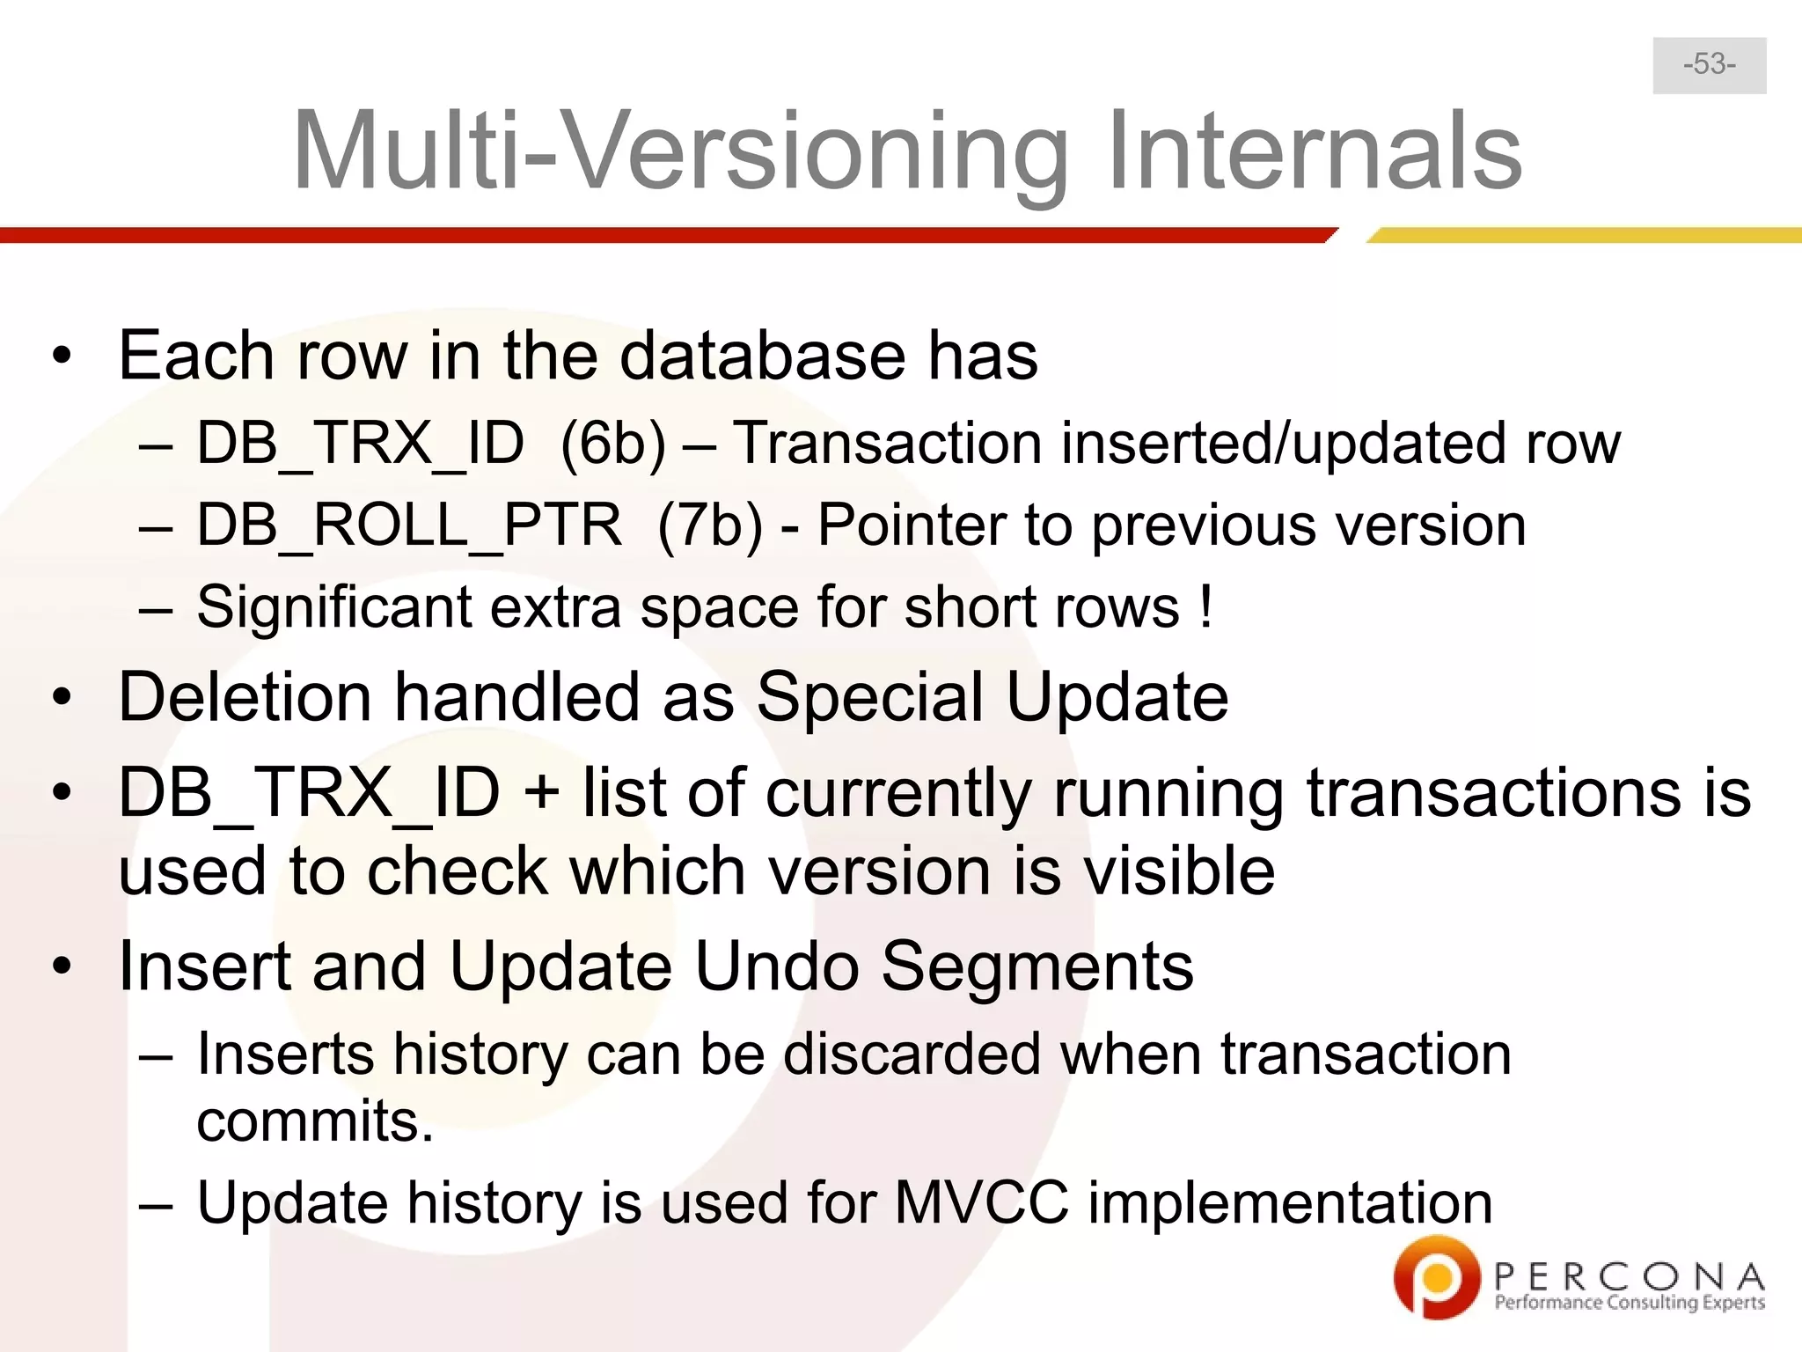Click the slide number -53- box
(1709, 65)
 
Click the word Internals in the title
(1315, 151)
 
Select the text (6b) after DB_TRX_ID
(613, 443)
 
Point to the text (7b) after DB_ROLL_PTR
(710, 525)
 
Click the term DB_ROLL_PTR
(409, 525)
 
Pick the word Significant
(334, 607)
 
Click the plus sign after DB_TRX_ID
(541, 793)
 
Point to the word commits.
(315, 1121)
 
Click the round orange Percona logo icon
(1437, 1276)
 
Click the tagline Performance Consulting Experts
(1630, 1303)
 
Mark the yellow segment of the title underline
(1584, 235)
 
